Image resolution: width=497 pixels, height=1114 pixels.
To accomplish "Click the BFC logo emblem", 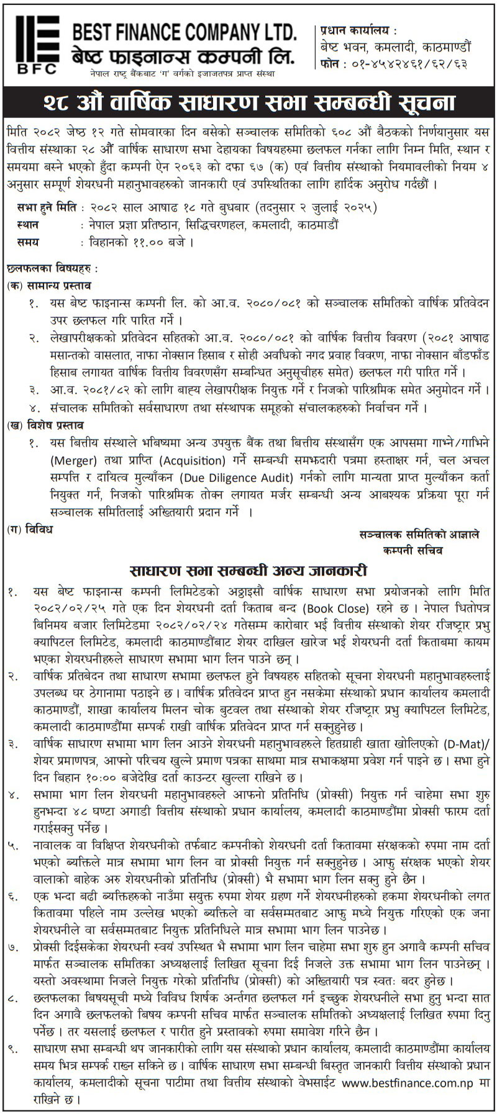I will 37,44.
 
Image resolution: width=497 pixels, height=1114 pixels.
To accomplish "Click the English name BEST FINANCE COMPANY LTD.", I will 184,32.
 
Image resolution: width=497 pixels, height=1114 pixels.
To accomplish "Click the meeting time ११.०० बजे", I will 166,242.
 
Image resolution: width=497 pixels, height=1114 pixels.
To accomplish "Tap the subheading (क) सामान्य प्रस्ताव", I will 50,286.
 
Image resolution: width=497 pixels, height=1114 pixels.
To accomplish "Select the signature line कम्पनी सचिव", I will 413,550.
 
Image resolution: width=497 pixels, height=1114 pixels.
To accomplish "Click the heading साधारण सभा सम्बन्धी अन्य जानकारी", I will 248,570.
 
